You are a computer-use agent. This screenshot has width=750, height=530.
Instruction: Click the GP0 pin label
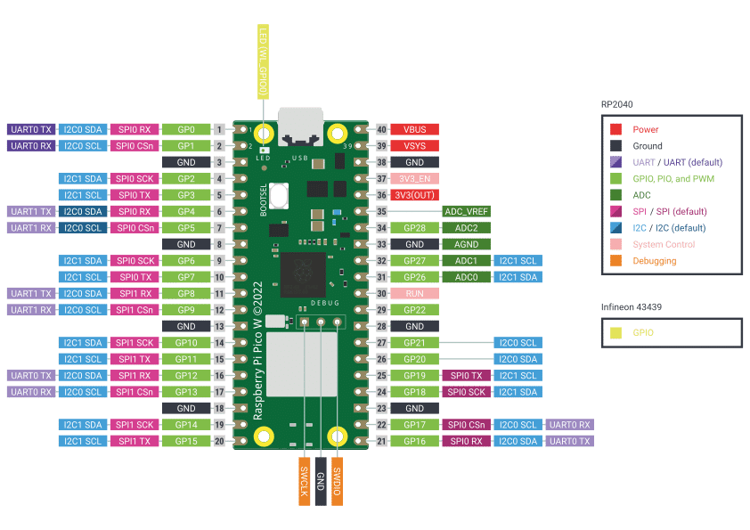(186, 129)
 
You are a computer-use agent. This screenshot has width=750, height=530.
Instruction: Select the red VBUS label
(414, 129)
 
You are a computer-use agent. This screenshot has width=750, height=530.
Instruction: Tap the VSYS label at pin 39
(414, 145)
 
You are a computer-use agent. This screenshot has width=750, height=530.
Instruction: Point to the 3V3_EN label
(414, 178)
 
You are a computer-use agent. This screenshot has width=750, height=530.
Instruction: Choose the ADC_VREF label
(466, 211)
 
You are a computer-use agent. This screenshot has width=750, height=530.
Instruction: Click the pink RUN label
(414, 293)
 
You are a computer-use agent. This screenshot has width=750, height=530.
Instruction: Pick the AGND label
(466, 244)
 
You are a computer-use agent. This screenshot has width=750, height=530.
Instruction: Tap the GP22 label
(414, 310)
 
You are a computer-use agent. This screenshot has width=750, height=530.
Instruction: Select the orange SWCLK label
(304, 481)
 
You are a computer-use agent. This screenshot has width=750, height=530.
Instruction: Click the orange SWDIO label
(337, 481)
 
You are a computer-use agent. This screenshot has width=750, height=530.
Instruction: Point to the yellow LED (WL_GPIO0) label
(263, 62)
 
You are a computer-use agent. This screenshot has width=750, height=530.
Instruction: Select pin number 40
(381, 129)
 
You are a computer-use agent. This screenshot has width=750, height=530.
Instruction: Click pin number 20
(219, 441)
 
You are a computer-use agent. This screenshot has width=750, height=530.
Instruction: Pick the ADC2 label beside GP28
(466, 228)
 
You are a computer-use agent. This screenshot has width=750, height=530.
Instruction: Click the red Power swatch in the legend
(615, 129)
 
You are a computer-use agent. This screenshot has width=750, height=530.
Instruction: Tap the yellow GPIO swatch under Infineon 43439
(615, 333)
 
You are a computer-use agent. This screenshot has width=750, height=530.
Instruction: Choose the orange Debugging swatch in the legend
(615, 261)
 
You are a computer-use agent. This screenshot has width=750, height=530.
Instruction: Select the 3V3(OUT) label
(414, 195)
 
